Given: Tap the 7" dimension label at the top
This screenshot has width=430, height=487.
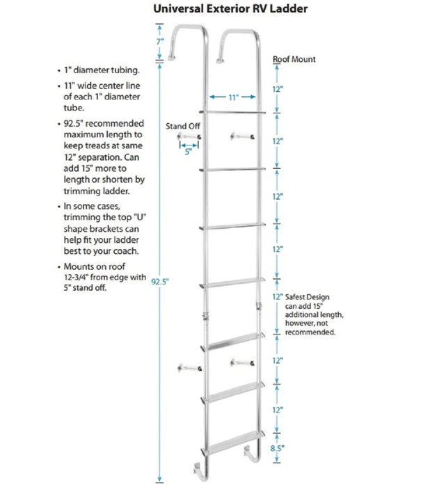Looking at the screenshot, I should click(160, 42).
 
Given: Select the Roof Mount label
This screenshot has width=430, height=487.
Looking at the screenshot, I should click(293, 60).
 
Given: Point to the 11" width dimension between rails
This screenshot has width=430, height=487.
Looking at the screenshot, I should click(232, 98).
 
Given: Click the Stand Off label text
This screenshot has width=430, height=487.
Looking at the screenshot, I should click(181, 126).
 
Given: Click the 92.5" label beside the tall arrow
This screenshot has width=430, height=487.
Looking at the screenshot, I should click(160, 282).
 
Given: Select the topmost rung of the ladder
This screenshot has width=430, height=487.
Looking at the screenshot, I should click(232, 111).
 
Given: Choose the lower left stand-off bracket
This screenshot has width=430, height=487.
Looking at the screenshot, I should click(190, 367).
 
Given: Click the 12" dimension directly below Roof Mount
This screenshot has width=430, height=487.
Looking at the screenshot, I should click(278, 90).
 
